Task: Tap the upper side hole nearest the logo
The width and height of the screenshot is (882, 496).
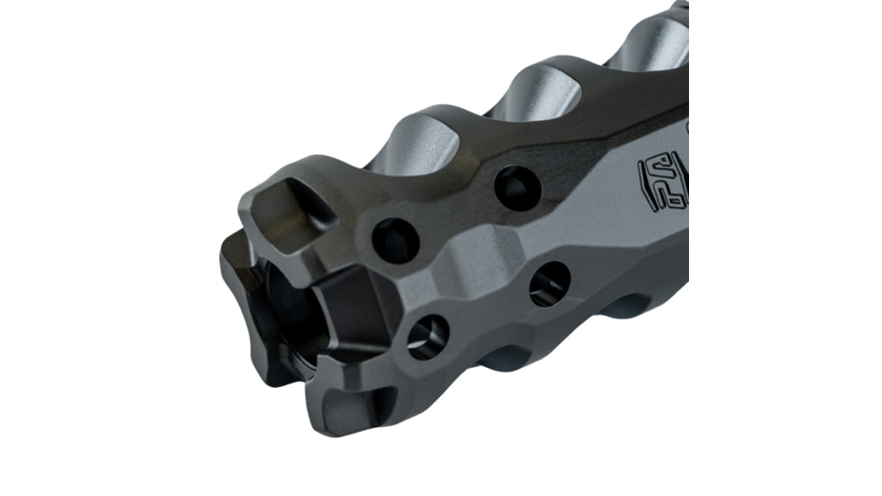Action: [x=517, y=188]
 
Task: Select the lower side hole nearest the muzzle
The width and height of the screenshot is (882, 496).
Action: [x=427, y=336]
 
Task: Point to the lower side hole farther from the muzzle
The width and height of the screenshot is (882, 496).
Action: [x=549, y=283]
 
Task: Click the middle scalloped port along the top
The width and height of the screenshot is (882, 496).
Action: [x=536, y=91]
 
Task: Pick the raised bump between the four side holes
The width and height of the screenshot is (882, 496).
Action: [x=473, y=262]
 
